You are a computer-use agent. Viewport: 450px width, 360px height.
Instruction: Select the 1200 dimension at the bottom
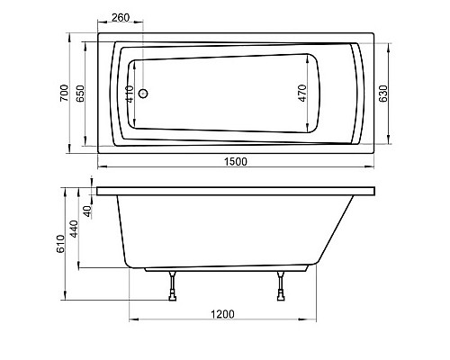[224, 313]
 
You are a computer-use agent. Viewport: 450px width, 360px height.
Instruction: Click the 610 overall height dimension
[60, 243]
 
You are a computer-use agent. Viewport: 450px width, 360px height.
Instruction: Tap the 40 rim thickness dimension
[89, 211]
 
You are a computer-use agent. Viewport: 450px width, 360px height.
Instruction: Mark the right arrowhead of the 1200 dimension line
[315, 320]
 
